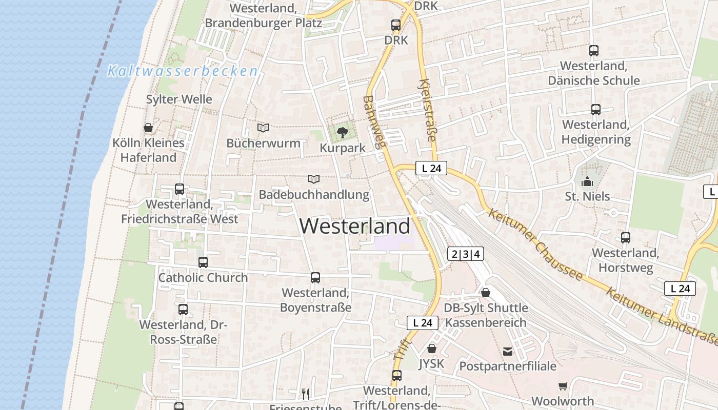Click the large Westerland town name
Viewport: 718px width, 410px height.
355,226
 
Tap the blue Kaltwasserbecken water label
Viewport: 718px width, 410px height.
182,71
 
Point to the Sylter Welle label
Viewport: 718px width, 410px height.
179,99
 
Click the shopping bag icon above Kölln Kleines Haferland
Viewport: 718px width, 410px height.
148,128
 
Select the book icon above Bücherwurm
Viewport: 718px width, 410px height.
263,128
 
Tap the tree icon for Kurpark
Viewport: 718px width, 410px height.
342,133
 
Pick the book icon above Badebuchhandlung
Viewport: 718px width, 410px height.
314,179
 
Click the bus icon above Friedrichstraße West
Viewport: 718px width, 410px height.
180,189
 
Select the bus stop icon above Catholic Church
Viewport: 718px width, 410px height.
203,262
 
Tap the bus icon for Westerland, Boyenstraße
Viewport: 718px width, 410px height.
315,278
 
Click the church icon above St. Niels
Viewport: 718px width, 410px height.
587,181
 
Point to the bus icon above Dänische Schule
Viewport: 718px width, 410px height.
594,51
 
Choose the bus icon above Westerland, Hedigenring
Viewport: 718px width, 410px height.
595,110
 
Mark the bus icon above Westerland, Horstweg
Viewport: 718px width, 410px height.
626,238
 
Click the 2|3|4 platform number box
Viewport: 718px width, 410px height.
466,254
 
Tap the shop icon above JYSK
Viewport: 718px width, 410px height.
432,348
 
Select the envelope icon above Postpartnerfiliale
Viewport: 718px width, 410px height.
508,351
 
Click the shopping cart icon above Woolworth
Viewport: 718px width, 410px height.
563,386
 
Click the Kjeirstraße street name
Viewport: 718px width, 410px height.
428,110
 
